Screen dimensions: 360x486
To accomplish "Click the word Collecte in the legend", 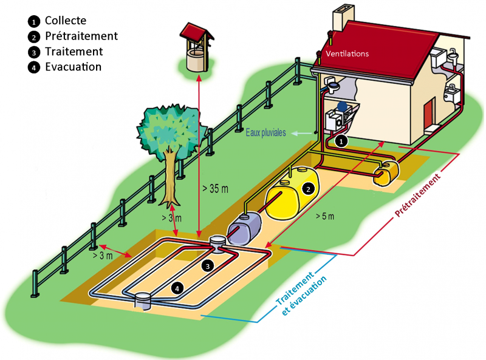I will (x=65, y=21).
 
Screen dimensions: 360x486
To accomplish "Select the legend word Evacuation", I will (x=73, y=67).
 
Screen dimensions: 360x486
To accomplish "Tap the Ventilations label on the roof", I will (x=347, y=53).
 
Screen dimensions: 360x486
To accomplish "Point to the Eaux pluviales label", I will (x=267, y=132).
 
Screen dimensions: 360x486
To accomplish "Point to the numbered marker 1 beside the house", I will (x=341, y=141).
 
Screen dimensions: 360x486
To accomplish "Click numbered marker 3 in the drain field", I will (x=208, y=265).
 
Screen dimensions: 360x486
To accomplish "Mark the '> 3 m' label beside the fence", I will (x=103, y=256).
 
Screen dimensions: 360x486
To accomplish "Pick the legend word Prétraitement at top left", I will (x=81, y=36).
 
